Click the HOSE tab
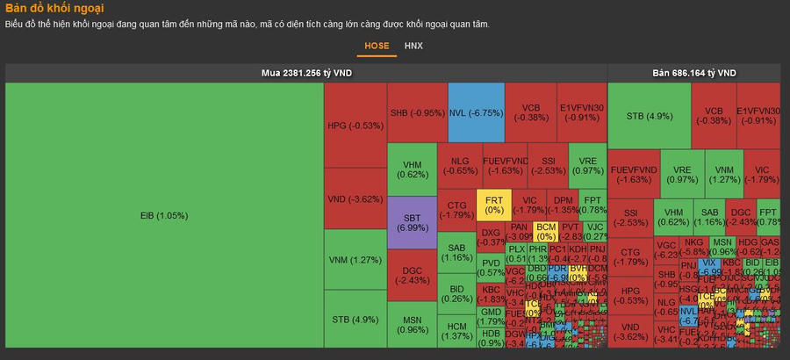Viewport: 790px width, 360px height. [x=377, y=45]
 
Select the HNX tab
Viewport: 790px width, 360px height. [x=413, y=45]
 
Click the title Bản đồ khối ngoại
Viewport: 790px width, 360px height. [x=54, y=8]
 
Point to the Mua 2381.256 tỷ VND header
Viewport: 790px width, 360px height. [x=306, y=73]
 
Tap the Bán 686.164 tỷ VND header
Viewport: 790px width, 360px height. [x=693, y=73]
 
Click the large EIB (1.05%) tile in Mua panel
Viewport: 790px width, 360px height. [x=164, y=215]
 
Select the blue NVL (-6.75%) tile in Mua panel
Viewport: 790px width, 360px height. [x=476, y=112]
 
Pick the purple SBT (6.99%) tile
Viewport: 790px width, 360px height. [x=412, y=221]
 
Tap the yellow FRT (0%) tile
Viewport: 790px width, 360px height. [x=494, y=205]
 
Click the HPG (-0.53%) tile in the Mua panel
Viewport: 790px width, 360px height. [x=355, y=125]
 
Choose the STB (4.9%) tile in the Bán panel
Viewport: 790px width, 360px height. [x=650, y=116]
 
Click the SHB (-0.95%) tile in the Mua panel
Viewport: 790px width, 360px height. [x=417, y=112]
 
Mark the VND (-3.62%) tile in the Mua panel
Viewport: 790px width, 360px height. [x=355, y=198]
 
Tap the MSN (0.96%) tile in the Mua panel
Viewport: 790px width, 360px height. [x=412, y=325]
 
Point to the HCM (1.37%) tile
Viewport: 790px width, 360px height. [x=456, y=331]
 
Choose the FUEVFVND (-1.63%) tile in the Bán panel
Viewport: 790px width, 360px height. [x=633, y=173]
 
